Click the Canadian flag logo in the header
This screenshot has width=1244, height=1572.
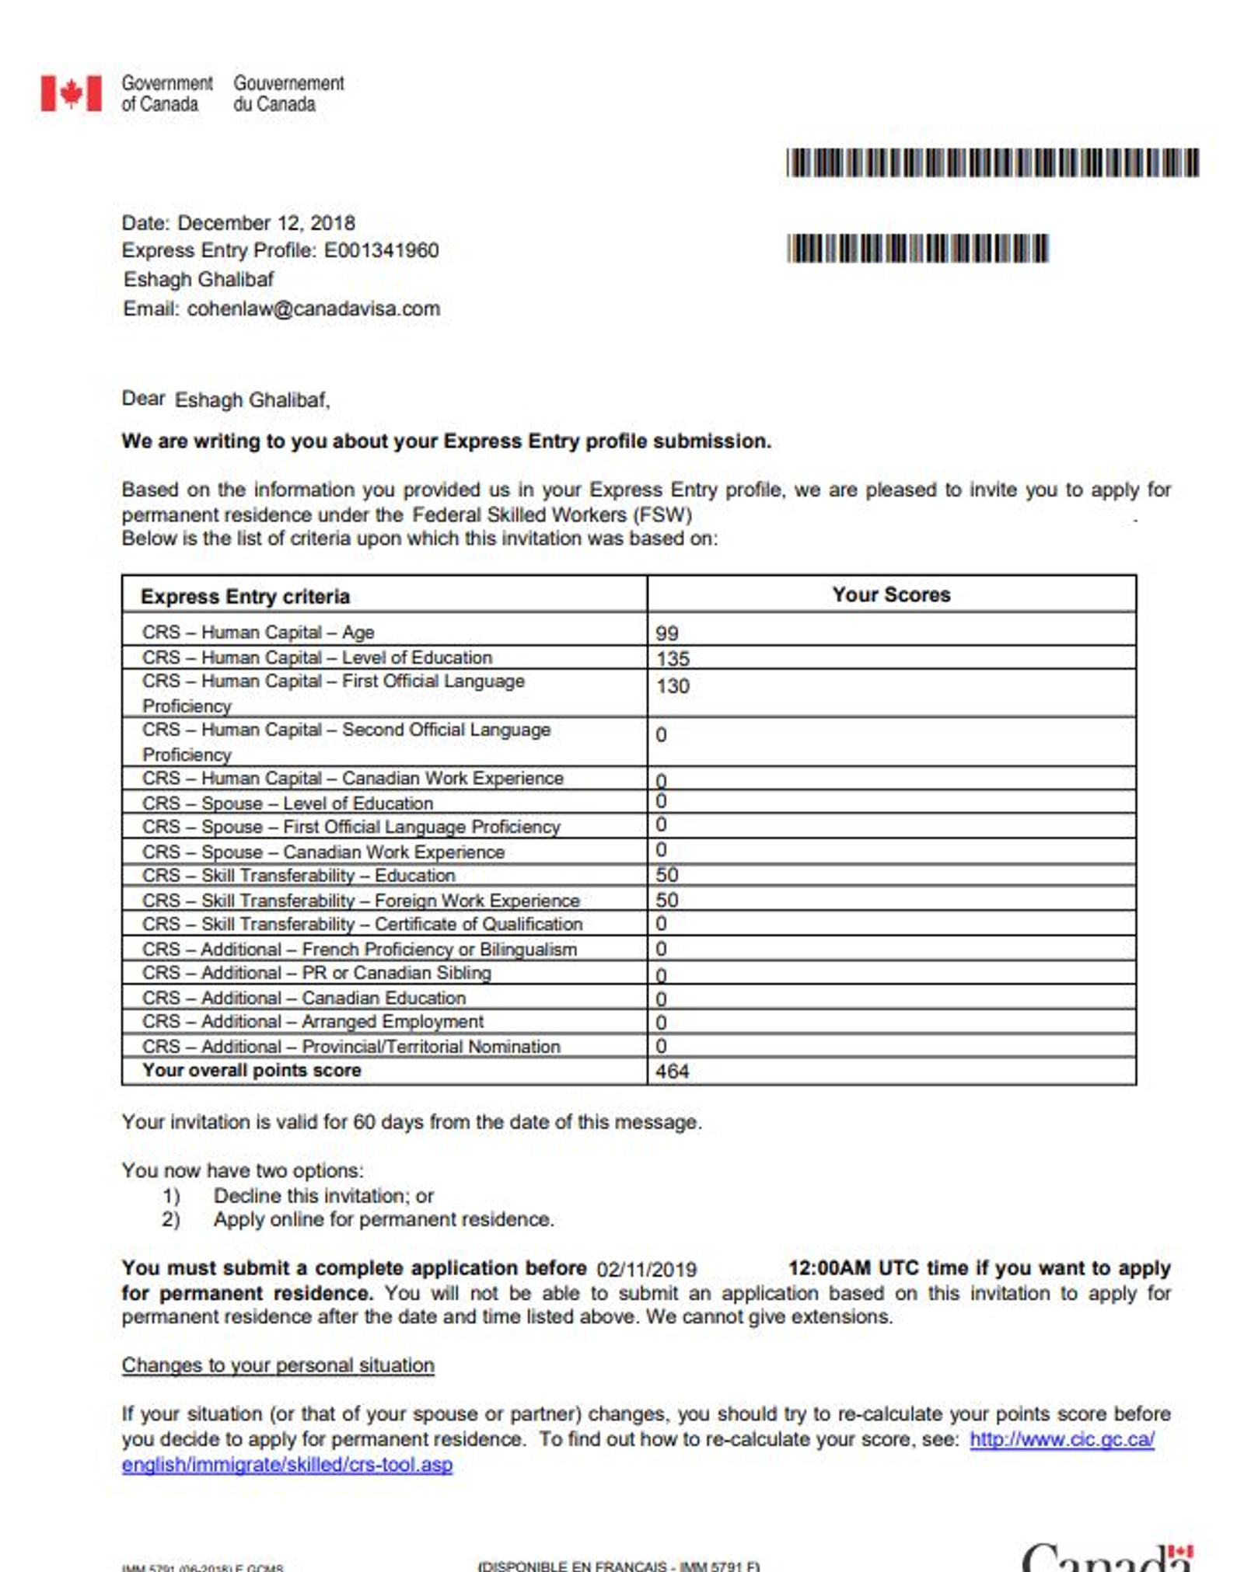[71, 93]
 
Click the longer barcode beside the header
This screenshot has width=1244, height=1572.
[992, 163]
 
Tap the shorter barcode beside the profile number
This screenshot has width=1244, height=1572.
[917, 249]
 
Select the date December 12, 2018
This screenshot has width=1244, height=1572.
[266, 223]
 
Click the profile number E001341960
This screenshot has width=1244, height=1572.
[381, 250]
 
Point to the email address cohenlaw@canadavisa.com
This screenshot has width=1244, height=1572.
[313, 308]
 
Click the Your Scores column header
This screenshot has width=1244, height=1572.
[891, 594]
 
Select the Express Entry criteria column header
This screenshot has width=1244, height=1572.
[245, 596]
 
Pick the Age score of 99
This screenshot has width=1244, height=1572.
[667, 633]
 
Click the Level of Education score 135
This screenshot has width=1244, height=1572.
[673, 659]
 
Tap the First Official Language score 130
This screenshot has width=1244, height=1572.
[673, 686]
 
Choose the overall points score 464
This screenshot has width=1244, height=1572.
[672, 1072]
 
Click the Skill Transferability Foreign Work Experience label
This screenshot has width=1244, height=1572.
[361, 901]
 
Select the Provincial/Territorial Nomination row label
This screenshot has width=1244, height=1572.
[351, 1047]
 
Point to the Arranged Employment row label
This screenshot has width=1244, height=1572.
[313, 1022]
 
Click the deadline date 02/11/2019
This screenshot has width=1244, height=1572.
[646, 1270]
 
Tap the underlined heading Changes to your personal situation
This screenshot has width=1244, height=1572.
[278, 1365]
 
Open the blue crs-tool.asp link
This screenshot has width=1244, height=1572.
[287, 1465]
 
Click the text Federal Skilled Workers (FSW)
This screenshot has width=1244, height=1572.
[551, 514]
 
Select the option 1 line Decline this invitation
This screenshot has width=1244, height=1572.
[323, 1196]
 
